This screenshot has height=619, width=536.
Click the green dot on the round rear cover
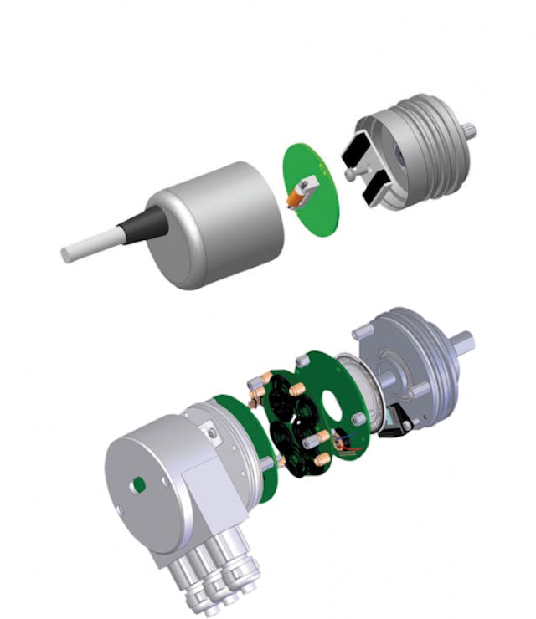pyautogui.click(x=139, y=483)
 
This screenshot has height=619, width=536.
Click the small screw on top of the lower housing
pyautogui.click(x=216, y=432)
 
